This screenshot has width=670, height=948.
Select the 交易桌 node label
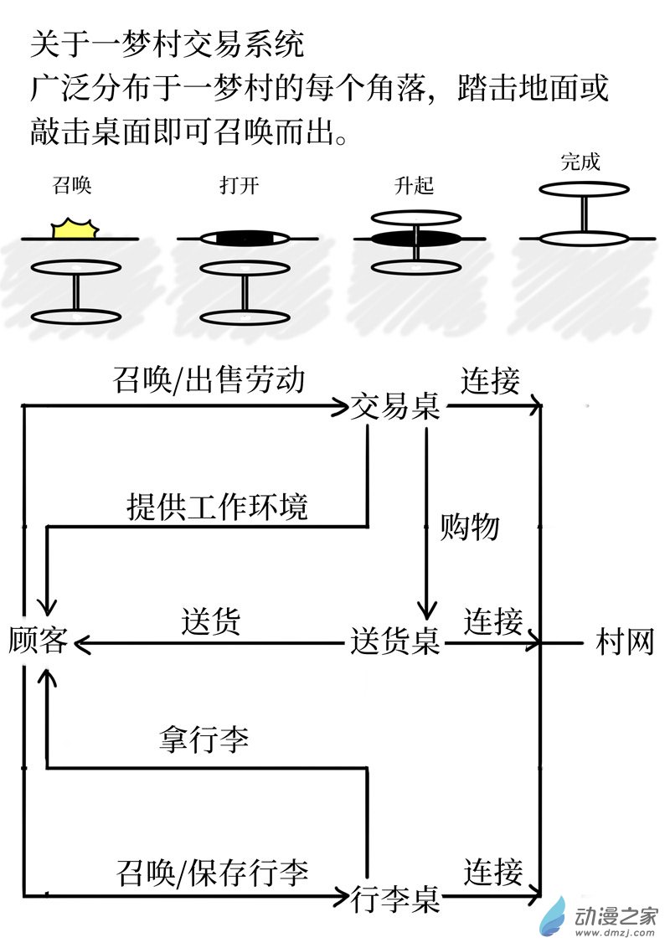point(395,407)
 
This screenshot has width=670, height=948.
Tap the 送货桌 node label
point(395,642)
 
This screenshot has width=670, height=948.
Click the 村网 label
point(624,642)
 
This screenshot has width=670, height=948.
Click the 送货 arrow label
point(211,621)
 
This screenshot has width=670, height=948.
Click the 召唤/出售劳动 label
point(208,381)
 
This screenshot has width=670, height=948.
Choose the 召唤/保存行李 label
point(213,873)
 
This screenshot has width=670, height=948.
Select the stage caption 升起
point(415,185)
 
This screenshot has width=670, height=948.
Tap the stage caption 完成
point(580,162)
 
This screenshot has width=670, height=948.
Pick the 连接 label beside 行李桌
point(493,873)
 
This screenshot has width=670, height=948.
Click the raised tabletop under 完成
point(583,189)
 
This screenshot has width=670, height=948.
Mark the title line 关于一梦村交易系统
point(167,44)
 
